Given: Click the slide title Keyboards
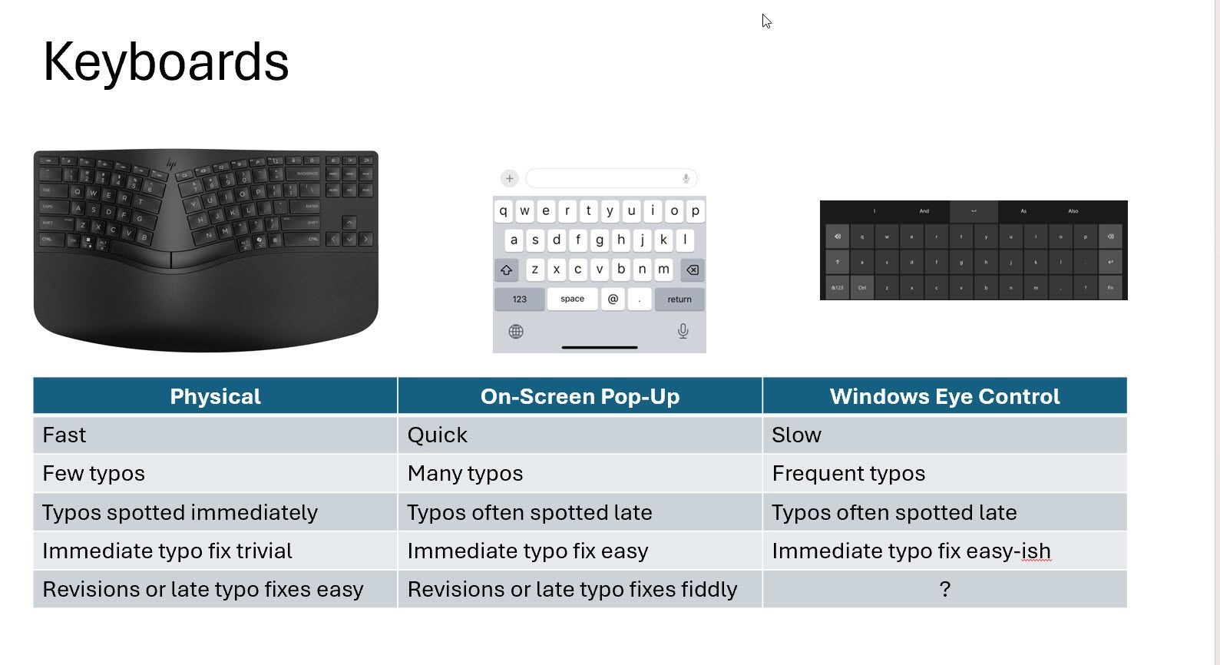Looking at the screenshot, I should point(166,62).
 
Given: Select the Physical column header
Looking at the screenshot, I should point(215,396).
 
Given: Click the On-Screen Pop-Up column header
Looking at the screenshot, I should point(580,396).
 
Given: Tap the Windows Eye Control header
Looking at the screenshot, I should point(944,396).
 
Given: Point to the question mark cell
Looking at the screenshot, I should point(944,589).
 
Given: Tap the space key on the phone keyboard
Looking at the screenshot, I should point(572,299).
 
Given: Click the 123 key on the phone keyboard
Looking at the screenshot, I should point(520,299).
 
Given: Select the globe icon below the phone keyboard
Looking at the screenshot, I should point(516,332).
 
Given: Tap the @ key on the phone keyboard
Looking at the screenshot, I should point(613,299).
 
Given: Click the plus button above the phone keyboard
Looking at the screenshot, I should point(509,179).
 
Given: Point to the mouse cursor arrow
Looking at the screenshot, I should point(765,20).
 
